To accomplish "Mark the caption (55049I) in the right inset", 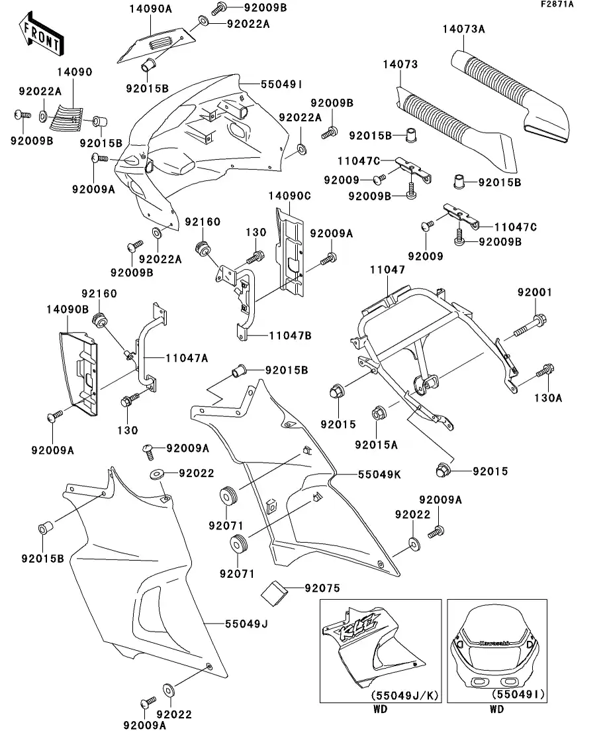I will point(518,695).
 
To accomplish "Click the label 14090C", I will point(289,196).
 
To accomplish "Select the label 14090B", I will point(67,309).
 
